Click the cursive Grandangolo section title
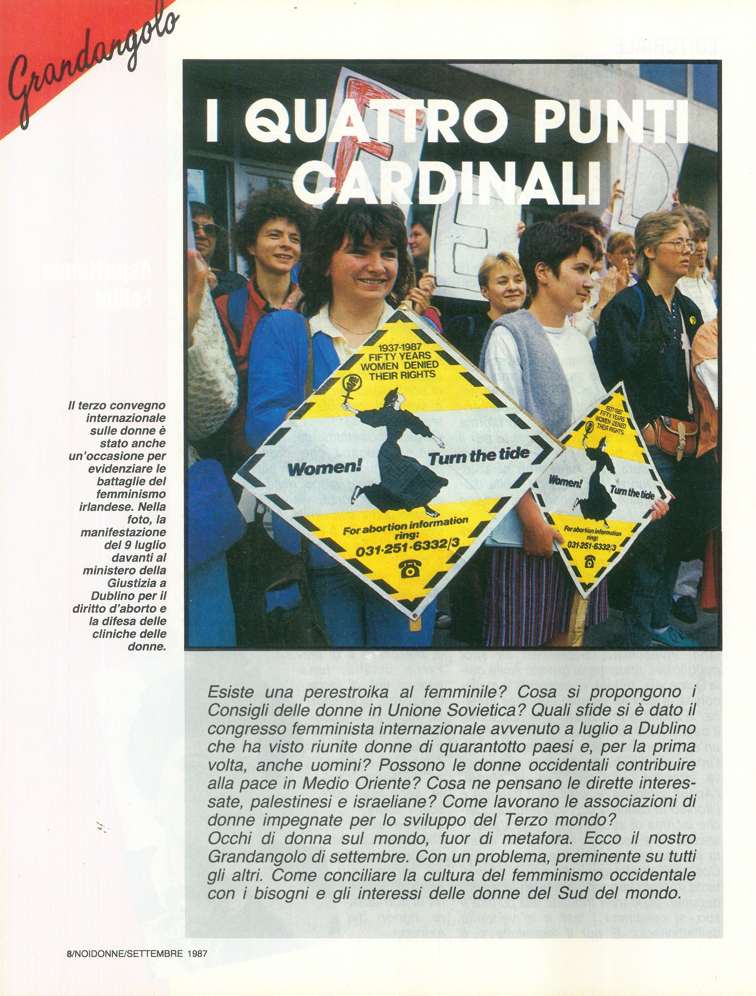tap(90, 63)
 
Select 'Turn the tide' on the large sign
tap(478, 456)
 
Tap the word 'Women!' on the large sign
tap(325, 468)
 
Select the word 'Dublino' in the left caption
tap(110, 596)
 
